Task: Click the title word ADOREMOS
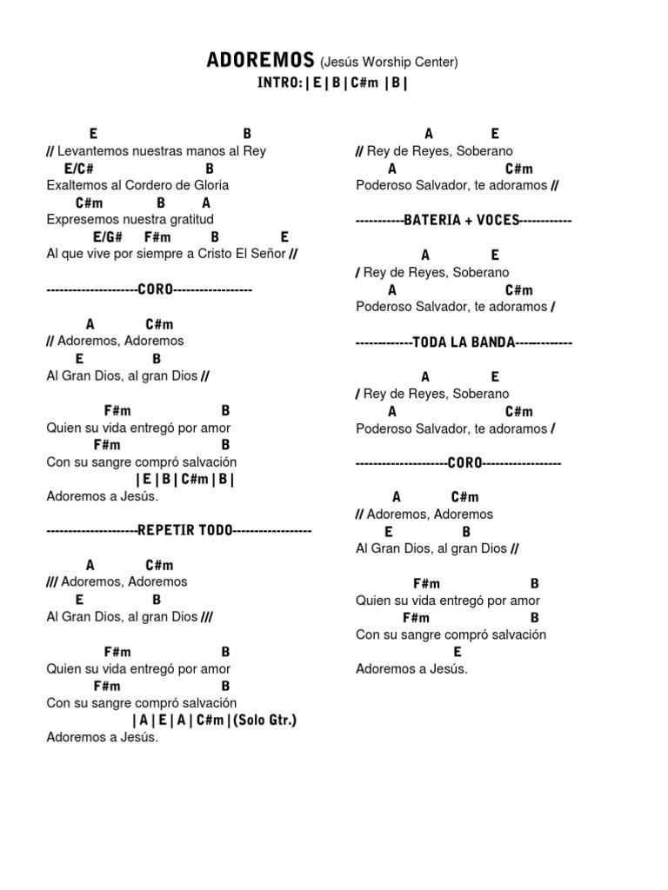coord(260,60)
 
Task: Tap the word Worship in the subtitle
coord(390,62)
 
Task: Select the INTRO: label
coord(279,83)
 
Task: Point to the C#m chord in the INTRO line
coord(365,83)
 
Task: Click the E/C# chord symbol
coord(78,168)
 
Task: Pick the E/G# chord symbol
coord(108,236)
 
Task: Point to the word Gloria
coord(212,185)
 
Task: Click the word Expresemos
coord(83,219)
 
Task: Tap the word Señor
coord(264,254)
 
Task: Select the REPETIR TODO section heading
coord(185,530)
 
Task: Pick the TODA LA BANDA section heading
coord(464,342)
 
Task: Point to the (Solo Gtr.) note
coord(265,720)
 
